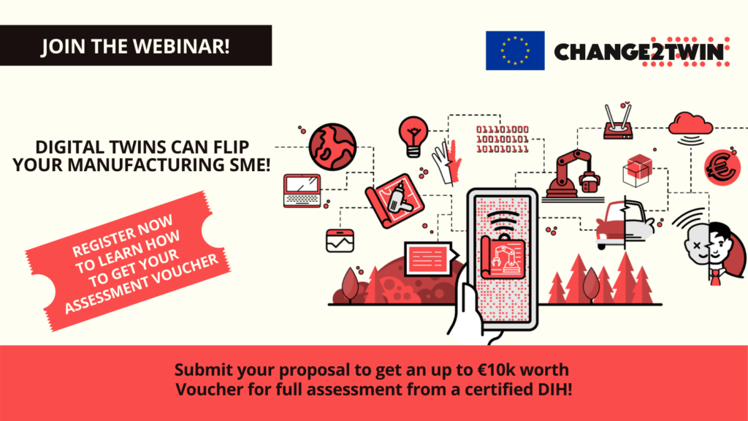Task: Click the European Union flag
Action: [515, 50]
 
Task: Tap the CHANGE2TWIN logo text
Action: [639, 52]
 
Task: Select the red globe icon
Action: [332, 147]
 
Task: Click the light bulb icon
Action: [413, 137]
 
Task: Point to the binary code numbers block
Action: [503, 140]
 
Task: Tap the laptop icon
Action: [302, 191]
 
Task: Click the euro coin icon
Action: [722, 167]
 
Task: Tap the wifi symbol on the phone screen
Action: [503, 221]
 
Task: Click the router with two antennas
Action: [618, 123]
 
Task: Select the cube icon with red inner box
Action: [637, 170]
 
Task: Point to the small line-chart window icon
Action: [340, 240]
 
